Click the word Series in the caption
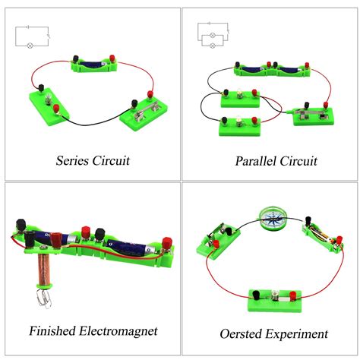click(72, 160)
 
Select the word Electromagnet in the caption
click(118, 331)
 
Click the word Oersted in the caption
click(242, 333)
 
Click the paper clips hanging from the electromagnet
click(45, 298)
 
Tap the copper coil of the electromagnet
click(44, 269)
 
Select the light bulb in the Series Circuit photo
click(47, 99)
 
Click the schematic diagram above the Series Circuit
click(33, 37)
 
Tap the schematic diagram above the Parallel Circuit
click(213, 35)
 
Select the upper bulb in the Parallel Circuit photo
click(239, 93)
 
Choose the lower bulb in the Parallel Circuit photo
click(239, 121)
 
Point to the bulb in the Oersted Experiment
click(274, 295)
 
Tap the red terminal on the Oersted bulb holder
click(292, 295)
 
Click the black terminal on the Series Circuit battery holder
click(75, 59)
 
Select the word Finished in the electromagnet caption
click(52, 330)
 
